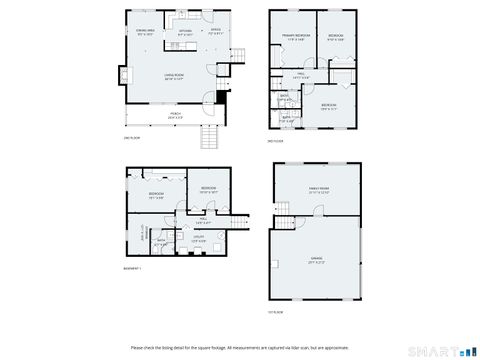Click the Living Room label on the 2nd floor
177,76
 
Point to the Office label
215,32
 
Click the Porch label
175,115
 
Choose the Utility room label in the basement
199,239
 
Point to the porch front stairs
210,136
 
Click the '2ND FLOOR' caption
132,137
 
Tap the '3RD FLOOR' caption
276,141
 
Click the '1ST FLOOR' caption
276,311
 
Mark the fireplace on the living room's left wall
123,76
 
